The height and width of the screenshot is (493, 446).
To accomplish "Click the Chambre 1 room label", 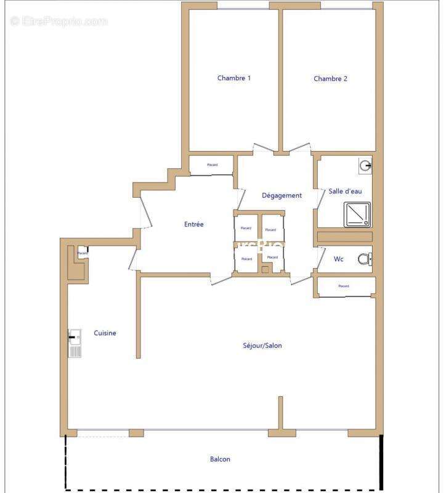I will coord(233,78).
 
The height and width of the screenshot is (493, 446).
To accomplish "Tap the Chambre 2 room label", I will coord(330,79).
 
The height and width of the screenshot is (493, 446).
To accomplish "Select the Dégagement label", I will coord(282,195).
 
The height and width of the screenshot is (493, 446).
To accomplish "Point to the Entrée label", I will coord(193,224).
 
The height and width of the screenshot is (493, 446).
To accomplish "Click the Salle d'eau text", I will coord(345,192).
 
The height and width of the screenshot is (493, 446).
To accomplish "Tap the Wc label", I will coord(338,259).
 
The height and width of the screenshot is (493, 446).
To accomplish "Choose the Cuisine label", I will coord(105,333).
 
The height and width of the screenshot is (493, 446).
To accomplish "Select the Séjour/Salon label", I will coord(262,346).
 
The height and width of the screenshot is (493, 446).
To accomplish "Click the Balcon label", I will coord(220,459).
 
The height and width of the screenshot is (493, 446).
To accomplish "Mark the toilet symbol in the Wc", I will coord(365,259).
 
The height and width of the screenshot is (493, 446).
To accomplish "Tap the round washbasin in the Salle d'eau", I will coord(366,165).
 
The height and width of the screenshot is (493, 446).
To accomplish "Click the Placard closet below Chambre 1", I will coord(211,165).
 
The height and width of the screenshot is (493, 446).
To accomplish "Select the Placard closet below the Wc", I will coord(344,287).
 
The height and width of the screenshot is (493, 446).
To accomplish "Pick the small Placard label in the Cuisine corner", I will coord(82,253).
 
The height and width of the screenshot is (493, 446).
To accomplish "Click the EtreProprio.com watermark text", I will coord(59,22).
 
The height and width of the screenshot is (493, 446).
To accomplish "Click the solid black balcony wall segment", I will coord(381,462).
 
